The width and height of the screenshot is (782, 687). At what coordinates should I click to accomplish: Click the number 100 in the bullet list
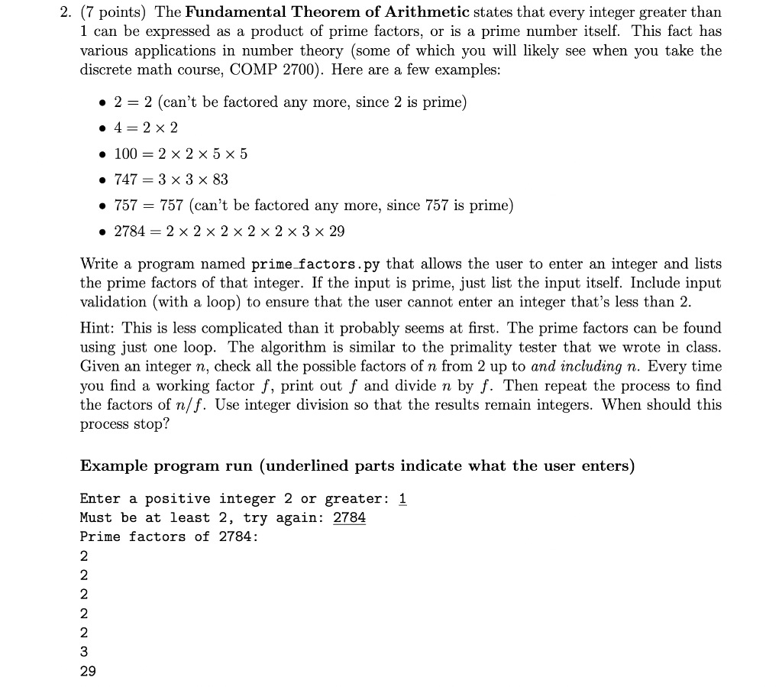pyautogui.click(x=125, y=154)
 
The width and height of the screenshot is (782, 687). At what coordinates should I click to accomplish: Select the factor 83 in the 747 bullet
pyautogui.click(x=219, y=180)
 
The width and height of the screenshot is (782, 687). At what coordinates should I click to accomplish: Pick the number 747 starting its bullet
pyautogui.click(x=125, y=180)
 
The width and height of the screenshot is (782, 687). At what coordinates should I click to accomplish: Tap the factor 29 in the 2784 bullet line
pyautogui.click(x=336, y=232)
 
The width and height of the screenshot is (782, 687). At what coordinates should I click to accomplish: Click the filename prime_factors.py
pyautogui.click(x=315, y=264)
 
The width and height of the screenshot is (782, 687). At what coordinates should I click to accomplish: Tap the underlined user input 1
pyautogui.click(x=403, y=499)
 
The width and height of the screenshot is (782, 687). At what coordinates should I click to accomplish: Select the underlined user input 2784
pyautogui.click(x=349, y=517)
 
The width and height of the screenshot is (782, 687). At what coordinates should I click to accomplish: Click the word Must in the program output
pyautogui.click(x=96, y=517)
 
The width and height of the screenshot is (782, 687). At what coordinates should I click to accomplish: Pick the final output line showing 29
pyautogui.click(x=88, y=671)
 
